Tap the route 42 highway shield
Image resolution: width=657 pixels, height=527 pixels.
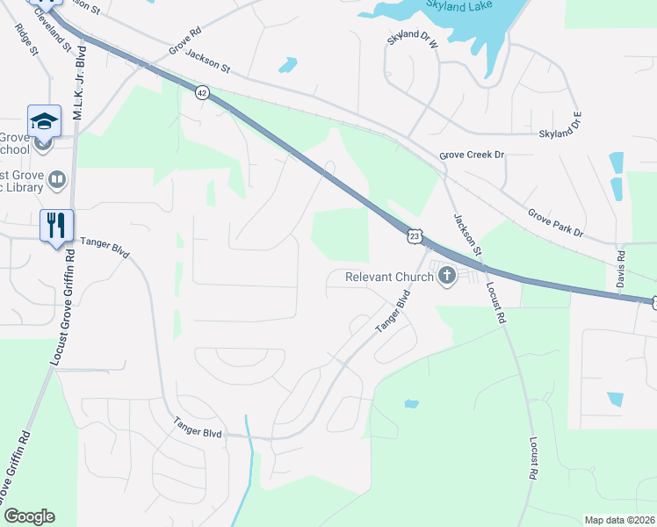202,93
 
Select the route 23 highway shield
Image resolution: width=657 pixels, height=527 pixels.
415,235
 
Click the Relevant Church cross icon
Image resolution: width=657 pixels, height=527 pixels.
447,278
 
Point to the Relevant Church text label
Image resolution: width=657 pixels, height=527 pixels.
389,278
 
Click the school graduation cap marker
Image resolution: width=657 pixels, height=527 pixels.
44,121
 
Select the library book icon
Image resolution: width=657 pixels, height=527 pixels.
58,181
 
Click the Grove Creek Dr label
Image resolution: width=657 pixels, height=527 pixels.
473,155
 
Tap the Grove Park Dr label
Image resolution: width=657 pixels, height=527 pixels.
555,223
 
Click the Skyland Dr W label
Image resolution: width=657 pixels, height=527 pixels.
413,40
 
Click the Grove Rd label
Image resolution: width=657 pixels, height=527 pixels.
185,46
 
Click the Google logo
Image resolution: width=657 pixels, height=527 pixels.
28,516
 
